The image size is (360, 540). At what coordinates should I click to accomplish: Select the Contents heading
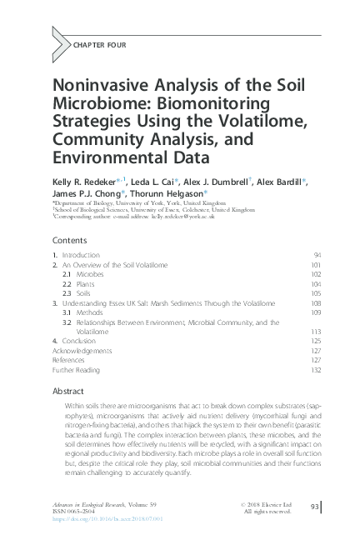[70, 240]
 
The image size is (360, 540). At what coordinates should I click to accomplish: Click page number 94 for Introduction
[317, 254]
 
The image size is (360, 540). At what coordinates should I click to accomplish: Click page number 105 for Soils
[316, 293]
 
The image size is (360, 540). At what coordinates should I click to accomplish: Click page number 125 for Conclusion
[316, 342]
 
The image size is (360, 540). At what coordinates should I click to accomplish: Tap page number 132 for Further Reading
[316, 371]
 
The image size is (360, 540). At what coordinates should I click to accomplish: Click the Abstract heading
[68, 390]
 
